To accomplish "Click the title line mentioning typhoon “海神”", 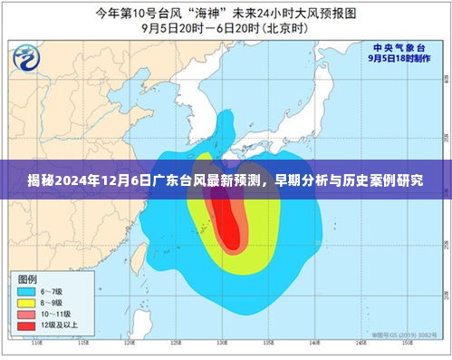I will coord(226,12).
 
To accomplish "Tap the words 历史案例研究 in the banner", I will coord(399,180).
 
